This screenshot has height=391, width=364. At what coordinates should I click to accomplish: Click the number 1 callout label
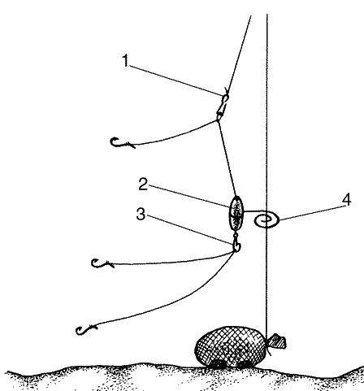125,60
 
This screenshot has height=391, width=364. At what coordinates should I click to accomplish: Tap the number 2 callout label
143,184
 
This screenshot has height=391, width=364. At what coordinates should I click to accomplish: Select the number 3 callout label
141,215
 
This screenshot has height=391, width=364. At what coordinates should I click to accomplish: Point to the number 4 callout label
346,199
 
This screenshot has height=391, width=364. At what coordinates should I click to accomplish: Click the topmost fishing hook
123,143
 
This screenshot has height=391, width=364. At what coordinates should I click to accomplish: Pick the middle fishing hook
102,263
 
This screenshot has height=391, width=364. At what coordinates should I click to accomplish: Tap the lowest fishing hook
86,329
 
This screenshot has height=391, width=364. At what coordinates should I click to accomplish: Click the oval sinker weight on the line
236,213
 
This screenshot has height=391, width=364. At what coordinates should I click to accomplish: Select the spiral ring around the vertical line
266,220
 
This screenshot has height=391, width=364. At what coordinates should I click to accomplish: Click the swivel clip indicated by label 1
223,106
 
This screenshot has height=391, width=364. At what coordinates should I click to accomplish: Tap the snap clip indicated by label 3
236,243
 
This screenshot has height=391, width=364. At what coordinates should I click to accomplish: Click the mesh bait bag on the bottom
230,346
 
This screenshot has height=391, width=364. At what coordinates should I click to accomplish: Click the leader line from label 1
175,78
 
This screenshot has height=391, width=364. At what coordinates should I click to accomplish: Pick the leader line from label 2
189,197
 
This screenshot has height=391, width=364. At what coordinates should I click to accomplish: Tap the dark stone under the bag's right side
245,364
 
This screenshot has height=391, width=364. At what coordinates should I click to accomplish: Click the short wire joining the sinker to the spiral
254,211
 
